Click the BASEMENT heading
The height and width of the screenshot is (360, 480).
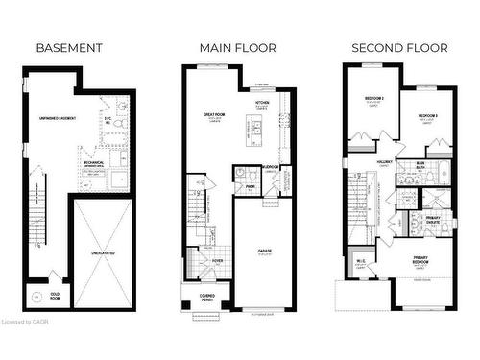pos(68,47)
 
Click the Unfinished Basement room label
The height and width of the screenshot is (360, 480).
pos(57,118)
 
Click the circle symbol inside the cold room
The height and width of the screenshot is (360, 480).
pos(36,298)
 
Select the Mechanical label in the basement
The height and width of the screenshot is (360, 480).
pos(93,163)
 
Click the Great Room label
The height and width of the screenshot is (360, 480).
pos(214,114)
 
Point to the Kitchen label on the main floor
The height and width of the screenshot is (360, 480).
pos(260,102)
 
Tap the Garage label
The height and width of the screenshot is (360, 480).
pos(263,251)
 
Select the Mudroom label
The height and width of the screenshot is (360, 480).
pos(270,167)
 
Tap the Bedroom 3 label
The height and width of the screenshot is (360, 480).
pos(427,116)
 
